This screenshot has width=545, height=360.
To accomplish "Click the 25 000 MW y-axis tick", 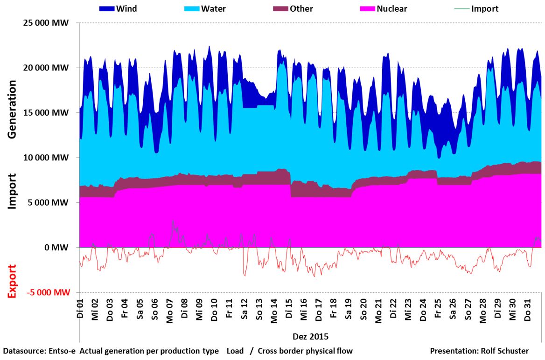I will coord(45,23).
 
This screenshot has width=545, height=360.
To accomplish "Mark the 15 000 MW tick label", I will coord(45,113).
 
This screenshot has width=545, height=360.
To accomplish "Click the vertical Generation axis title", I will coord(13,109).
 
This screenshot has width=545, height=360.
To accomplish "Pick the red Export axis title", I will coord(13,281).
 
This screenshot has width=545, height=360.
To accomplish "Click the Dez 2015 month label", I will coord(310,336).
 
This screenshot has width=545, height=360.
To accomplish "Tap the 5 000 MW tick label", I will coord(48,203).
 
